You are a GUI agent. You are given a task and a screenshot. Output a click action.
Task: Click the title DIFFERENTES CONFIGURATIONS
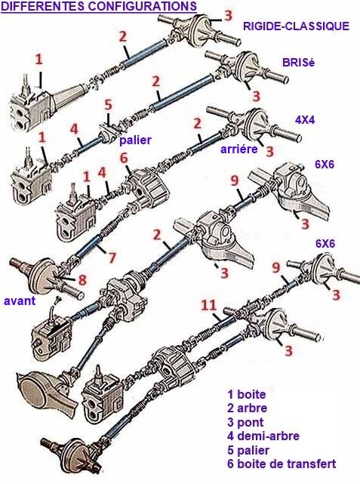click(x=99, y=6)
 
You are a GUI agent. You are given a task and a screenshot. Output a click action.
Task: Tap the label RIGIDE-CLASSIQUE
click(x=296, y=26)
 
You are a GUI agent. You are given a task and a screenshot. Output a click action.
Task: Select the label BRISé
click(x=298, y=63)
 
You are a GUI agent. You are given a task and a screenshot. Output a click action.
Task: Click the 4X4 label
click(x=305, y=120)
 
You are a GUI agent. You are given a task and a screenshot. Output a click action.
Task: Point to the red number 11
click(x=209, y=306)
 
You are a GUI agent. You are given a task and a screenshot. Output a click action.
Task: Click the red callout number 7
click(x=112, y=257)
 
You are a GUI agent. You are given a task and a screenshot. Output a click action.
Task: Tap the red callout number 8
click(x=82, y=279)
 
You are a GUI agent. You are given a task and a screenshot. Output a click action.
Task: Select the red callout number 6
click(x=124, y=159)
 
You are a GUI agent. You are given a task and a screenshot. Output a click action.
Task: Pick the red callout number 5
click(x=108, y=105)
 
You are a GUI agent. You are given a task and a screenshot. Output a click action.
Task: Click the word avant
click(x=20, y=301)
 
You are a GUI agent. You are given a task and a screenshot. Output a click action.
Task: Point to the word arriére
click(x=238, y=149)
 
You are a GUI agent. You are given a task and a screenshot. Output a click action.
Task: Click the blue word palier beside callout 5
click(x=135, y=140)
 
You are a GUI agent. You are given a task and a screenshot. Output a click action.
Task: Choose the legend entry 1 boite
click(x=247, y=394)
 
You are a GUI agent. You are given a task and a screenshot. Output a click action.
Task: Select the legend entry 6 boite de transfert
click(x=282, y=464)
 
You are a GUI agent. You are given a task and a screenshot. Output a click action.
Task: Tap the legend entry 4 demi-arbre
click(x=263, y=436)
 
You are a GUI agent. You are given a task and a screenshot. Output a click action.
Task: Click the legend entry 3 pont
click(x=245, y=423)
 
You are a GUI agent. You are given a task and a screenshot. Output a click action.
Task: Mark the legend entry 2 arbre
click(x=247, y=408)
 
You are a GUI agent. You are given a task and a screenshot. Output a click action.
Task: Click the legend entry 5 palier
click(x=248, y=450)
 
